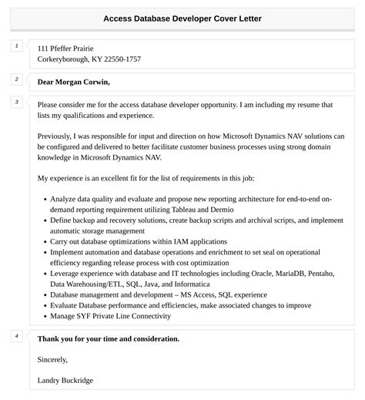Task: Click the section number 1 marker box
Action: coord(15,47)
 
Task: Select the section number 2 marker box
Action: coord(15,79)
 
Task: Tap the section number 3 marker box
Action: coord(15,102)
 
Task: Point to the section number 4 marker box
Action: coord(15,336)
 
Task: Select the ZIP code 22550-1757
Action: coord(116,59)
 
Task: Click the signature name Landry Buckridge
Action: coord(65,380)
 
